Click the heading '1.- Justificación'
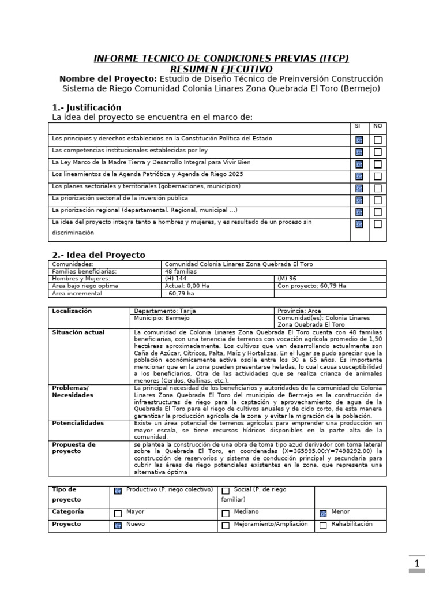point(87,107)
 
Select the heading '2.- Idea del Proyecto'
point(99,255)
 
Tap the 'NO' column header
point(377,126)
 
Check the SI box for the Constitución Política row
point(359,140)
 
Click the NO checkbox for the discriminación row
point(378,225)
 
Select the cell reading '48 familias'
point(181,271)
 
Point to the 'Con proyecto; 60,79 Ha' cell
point(311,286)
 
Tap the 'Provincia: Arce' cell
point(299,311)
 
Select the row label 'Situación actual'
point(78,332)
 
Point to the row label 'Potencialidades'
point(78,423)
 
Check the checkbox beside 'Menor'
point(323,513)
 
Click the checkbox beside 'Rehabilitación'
point(323,525)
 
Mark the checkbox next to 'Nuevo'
point(118,525)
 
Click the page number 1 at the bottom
point(417,563)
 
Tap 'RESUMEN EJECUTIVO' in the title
point(221,69)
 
